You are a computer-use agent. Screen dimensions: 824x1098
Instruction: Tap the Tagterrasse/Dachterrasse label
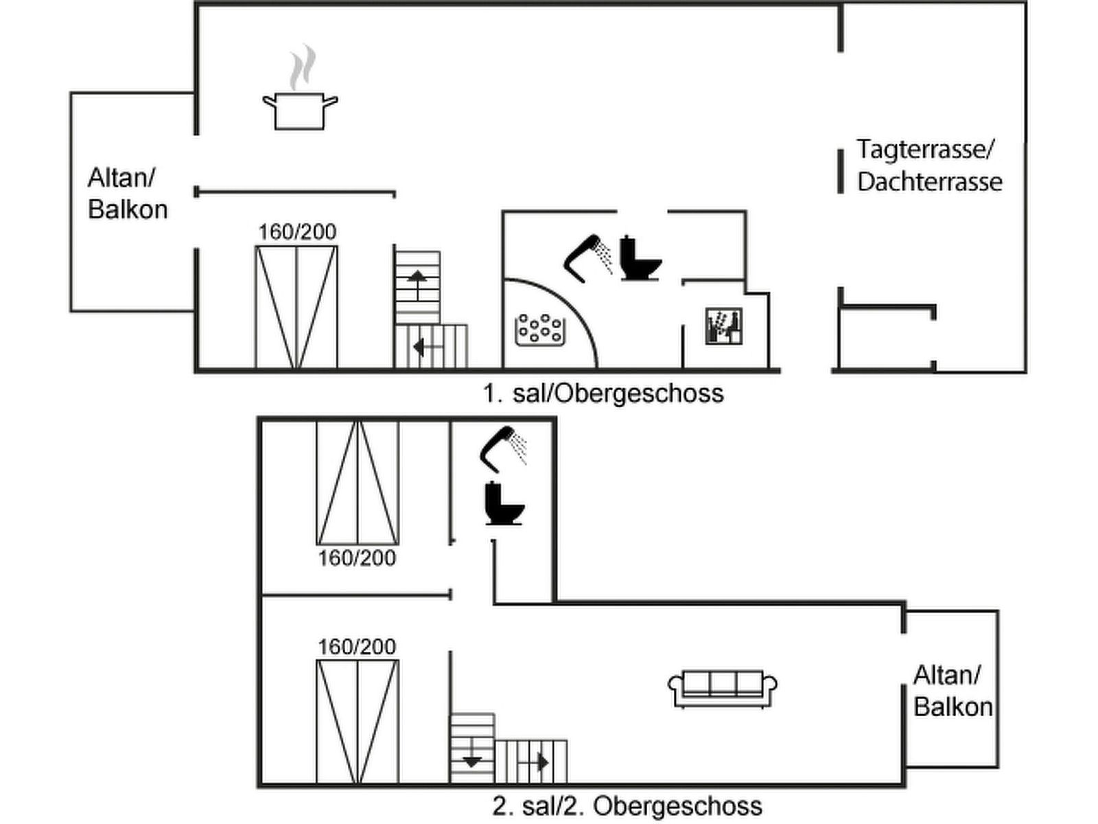click(928, 165)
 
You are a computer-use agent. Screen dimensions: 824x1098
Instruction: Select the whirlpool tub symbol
click(539, 329)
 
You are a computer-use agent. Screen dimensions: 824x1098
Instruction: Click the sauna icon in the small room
click(724, 326)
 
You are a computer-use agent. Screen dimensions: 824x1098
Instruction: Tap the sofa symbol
click(722, 688)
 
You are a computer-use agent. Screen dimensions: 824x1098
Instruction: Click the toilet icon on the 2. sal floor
click(504, 504)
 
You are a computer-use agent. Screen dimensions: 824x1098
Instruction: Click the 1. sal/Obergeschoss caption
click(603, 393)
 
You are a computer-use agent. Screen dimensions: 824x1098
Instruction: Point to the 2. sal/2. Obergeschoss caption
click(627, 805)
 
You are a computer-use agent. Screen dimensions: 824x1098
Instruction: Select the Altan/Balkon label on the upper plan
click(128, 194)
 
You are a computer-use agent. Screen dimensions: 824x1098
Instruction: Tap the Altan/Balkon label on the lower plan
click(953, 691)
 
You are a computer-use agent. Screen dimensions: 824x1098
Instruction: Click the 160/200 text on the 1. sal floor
click(297, 232)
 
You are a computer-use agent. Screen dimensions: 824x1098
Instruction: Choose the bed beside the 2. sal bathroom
click(357, 482)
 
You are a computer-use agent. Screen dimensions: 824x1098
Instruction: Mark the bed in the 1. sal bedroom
click(296, 307)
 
